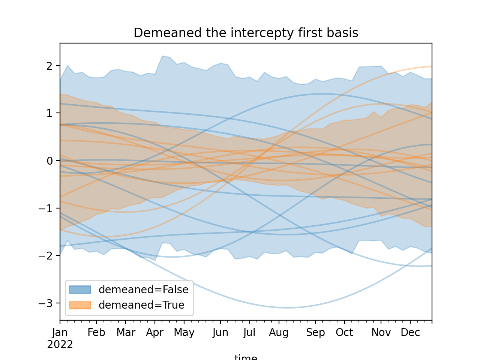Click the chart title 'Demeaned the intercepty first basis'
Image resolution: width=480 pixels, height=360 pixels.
(x=246, y=33)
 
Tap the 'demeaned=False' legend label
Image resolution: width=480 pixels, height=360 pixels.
(x=143, y=289)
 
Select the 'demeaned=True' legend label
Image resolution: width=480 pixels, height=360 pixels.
(x=141, y=305)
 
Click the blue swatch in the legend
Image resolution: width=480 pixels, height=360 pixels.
(x=80, y=289)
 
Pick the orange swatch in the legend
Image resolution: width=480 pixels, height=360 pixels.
(x=80, y=305)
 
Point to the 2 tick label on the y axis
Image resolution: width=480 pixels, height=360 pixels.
(x=49, y=66)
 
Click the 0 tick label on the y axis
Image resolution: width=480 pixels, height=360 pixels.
(x=49, y=161)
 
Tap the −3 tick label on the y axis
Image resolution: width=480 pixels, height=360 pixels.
(x=46, y=303)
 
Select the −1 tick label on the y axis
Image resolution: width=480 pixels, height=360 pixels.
(x=46, y=208)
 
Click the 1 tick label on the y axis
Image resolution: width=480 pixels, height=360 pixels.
(x=49, y=113)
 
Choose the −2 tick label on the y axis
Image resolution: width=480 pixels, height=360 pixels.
(x=46, y=256)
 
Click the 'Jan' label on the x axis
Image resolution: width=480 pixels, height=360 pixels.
(x=60, y=333)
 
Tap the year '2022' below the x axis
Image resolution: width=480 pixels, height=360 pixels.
(x=60, y=344)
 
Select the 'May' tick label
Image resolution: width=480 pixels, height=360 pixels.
(x=184, y=333)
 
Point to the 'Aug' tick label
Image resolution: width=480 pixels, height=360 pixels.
(x=279, y=333)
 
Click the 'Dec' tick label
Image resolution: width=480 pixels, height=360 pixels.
(x=410, y=333)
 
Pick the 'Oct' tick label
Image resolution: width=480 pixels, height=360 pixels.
(x=344, y=333)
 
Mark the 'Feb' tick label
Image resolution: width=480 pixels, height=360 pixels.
(x=96, y=333)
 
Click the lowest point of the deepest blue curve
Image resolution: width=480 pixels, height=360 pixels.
(x=287, y=308)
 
